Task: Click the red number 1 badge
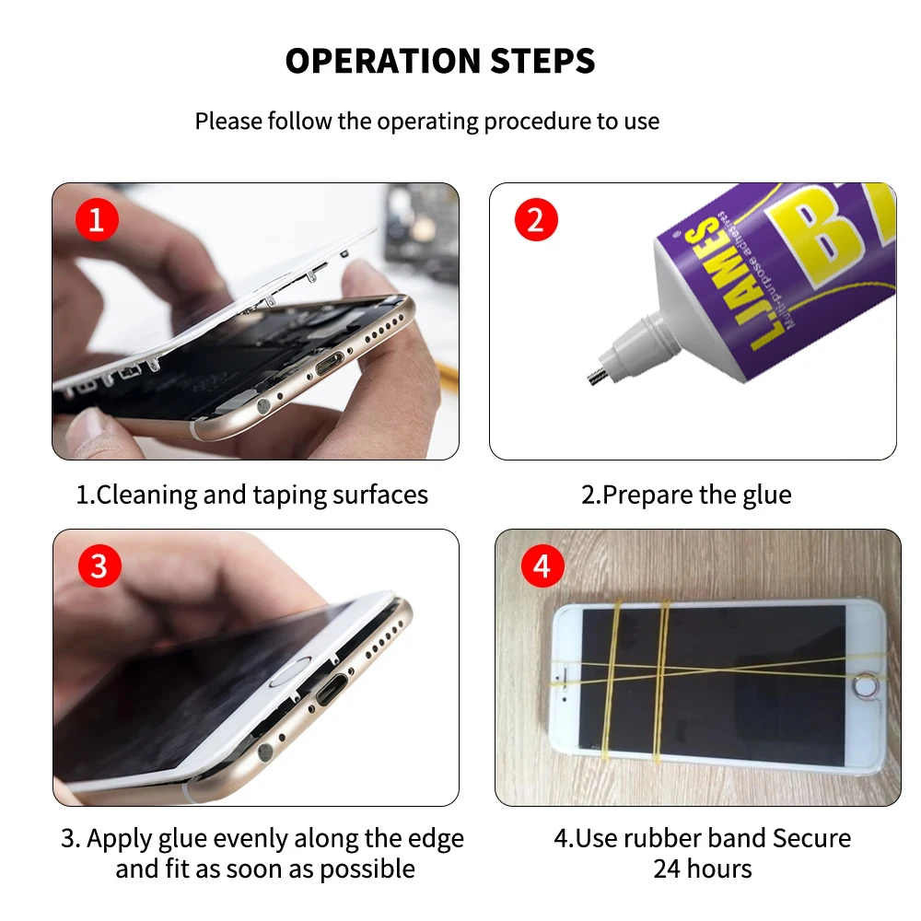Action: coord(97,221)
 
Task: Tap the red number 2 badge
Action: coord(536,221)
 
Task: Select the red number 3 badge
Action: coord(99,566)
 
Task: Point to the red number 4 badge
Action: coord(542,566)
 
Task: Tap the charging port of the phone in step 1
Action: coord(329,367)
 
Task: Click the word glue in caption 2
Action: coord(766,495)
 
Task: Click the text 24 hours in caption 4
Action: coord(702,869)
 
